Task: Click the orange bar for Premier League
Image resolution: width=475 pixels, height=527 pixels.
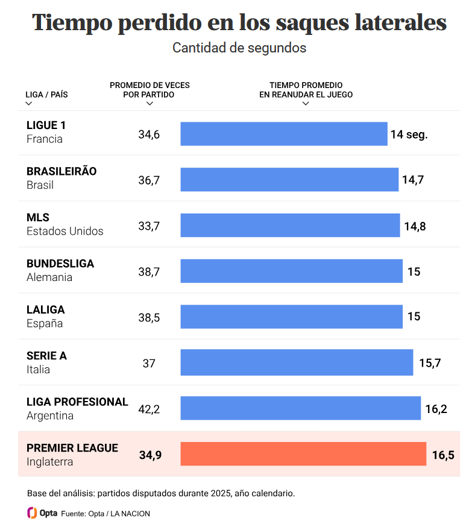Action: [303, 454]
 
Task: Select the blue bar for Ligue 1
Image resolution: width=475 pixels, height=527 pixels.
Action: [284, 134]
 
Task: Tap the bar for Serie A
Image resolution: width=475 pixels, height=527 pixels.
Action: [297, 362]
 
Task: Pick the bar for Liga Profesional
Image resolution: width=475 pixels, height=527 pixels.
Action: [300, 408]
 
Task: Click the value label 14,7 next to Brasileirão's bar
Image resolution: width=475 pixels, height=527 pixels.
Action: [413, 180]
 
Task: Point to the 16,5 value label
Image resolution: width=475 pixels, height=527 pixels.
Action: [443, 455]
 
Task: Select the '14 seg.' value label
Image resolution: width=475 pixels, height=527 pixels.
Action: [409, 134]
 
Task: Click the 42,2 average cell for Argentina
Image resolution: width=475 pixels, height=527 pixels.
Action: [149, 409]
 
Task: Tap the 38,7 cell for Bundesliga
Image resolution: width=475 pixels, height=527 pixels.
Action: [149, 272]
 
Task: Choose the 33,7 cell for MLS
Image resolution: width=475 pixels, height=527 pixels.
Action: [149, 226]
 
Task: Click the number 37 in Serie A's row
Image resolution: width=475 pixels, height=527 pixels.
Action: [149, 364]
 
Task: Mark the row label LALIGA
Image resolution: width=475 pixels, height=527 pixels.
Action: [45, 309]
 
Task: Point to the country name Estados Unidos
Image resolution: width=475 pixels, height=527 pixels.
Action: [65, 232]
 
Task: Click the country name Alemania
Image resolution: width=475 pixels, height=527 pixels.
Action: [49, 277]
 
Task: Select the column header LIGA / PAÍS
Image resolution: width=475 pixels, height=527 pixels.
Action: [46, 95]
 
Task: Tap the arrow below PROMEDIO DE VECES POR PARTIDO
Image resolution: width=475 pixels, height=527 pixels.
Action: [149, 104]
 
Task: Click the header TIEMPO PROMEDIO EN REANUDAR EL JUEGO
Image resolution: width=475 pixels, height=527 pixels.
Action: [306, 90]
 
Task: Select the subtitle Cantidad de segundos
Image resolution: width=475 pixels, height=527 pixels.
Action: [239, 48]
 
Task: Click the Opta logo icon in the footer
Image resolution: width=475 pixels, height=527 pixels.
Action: [33, 513]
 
